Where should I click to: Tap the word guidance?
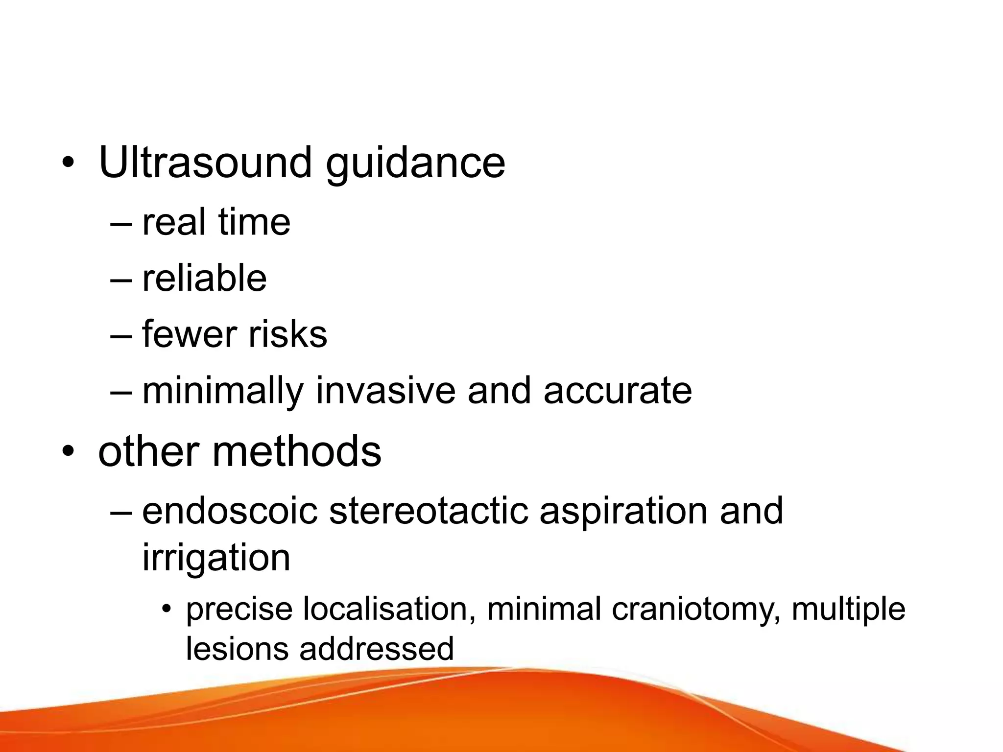[x=415, y=164]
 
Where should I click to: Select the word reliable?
[x=204, y=278]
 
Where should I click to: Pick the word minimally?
[x=223, y=391]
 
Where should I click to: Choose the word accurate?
[x=618, y=391]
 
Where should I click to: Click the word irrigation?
[x=216, y=559]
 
